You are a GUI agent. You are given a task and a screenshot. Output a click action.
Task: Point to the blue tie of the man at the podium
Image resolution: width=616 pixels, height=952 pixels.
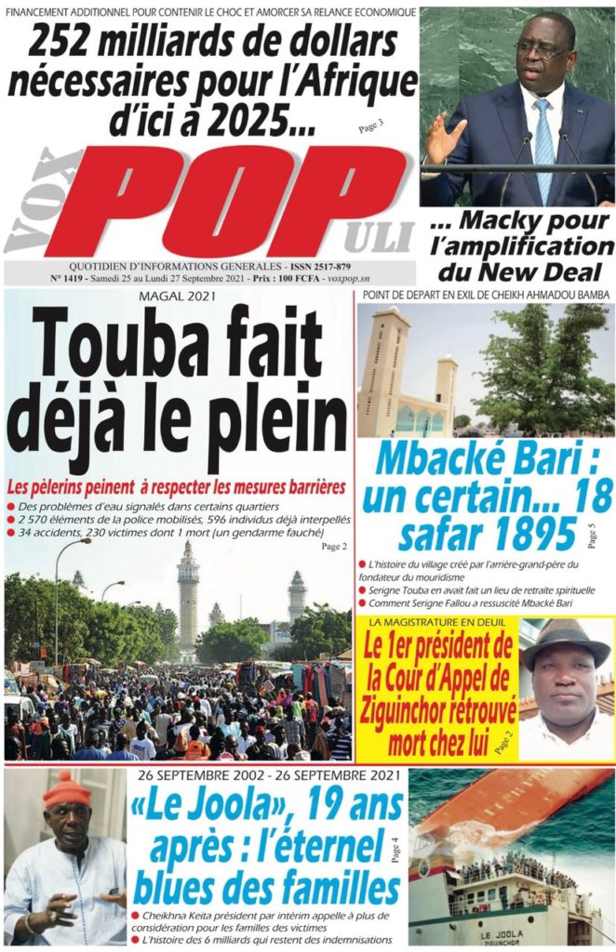point(543,149)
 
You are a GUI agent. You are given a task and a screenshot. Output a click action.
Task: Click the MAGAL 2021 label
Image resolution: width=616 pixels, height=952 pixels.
point(177,297)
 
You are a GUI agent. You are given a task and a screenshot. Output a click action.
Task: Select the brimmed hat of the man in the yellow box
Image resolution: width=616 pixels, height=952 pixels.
point(563,641)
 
